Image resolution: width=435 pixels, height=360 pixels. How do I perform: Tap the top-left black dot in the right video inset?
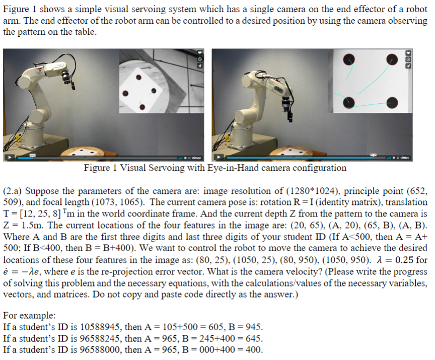(348, 59)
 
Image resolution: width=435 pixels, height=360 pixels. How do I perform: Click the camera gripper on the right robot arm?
(287, 103)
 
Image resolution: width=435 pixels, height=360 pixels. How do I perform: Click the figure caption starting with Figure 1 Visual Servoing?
(215, 168)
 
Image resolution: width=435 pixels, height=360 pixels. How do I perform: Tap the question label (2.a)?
(13, 192)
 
